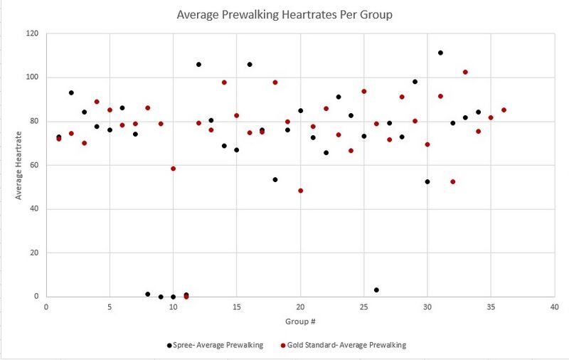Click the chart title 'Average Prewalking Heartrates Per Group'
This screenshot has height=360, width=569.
284,14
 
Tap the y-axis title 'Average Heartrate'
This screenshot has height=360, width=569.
20,165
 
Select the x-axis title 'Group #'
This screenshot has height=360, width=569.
299,321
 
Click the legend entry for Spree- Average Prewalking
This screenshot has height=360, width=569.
215,345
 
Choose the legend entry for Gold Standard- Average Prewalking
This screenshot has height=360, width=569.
344,345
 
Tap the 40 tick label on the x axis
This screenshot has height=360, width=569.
554,307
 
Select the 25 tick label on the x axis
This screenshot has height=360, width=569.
363,307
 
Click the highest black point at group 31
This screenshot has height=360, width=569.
440,53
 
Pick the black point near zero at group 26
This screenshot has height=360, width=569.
376,290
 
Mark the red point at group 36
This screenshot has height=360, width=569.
504,110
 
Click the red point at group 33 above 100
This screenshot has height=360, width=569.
465,72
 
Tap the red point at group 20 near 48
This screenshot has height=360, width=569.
300,191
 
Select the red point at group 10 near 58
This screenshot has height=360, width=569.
173,169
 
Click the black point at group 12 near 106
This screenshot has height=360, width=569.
198,64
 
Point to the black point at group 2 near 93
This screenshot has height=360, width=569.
71,92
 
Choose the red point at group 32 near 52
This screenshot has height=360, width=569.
452,181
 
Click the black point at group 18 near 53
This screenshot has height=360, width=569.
275,179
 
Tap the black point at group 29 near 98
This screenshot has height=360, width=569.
415,82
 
